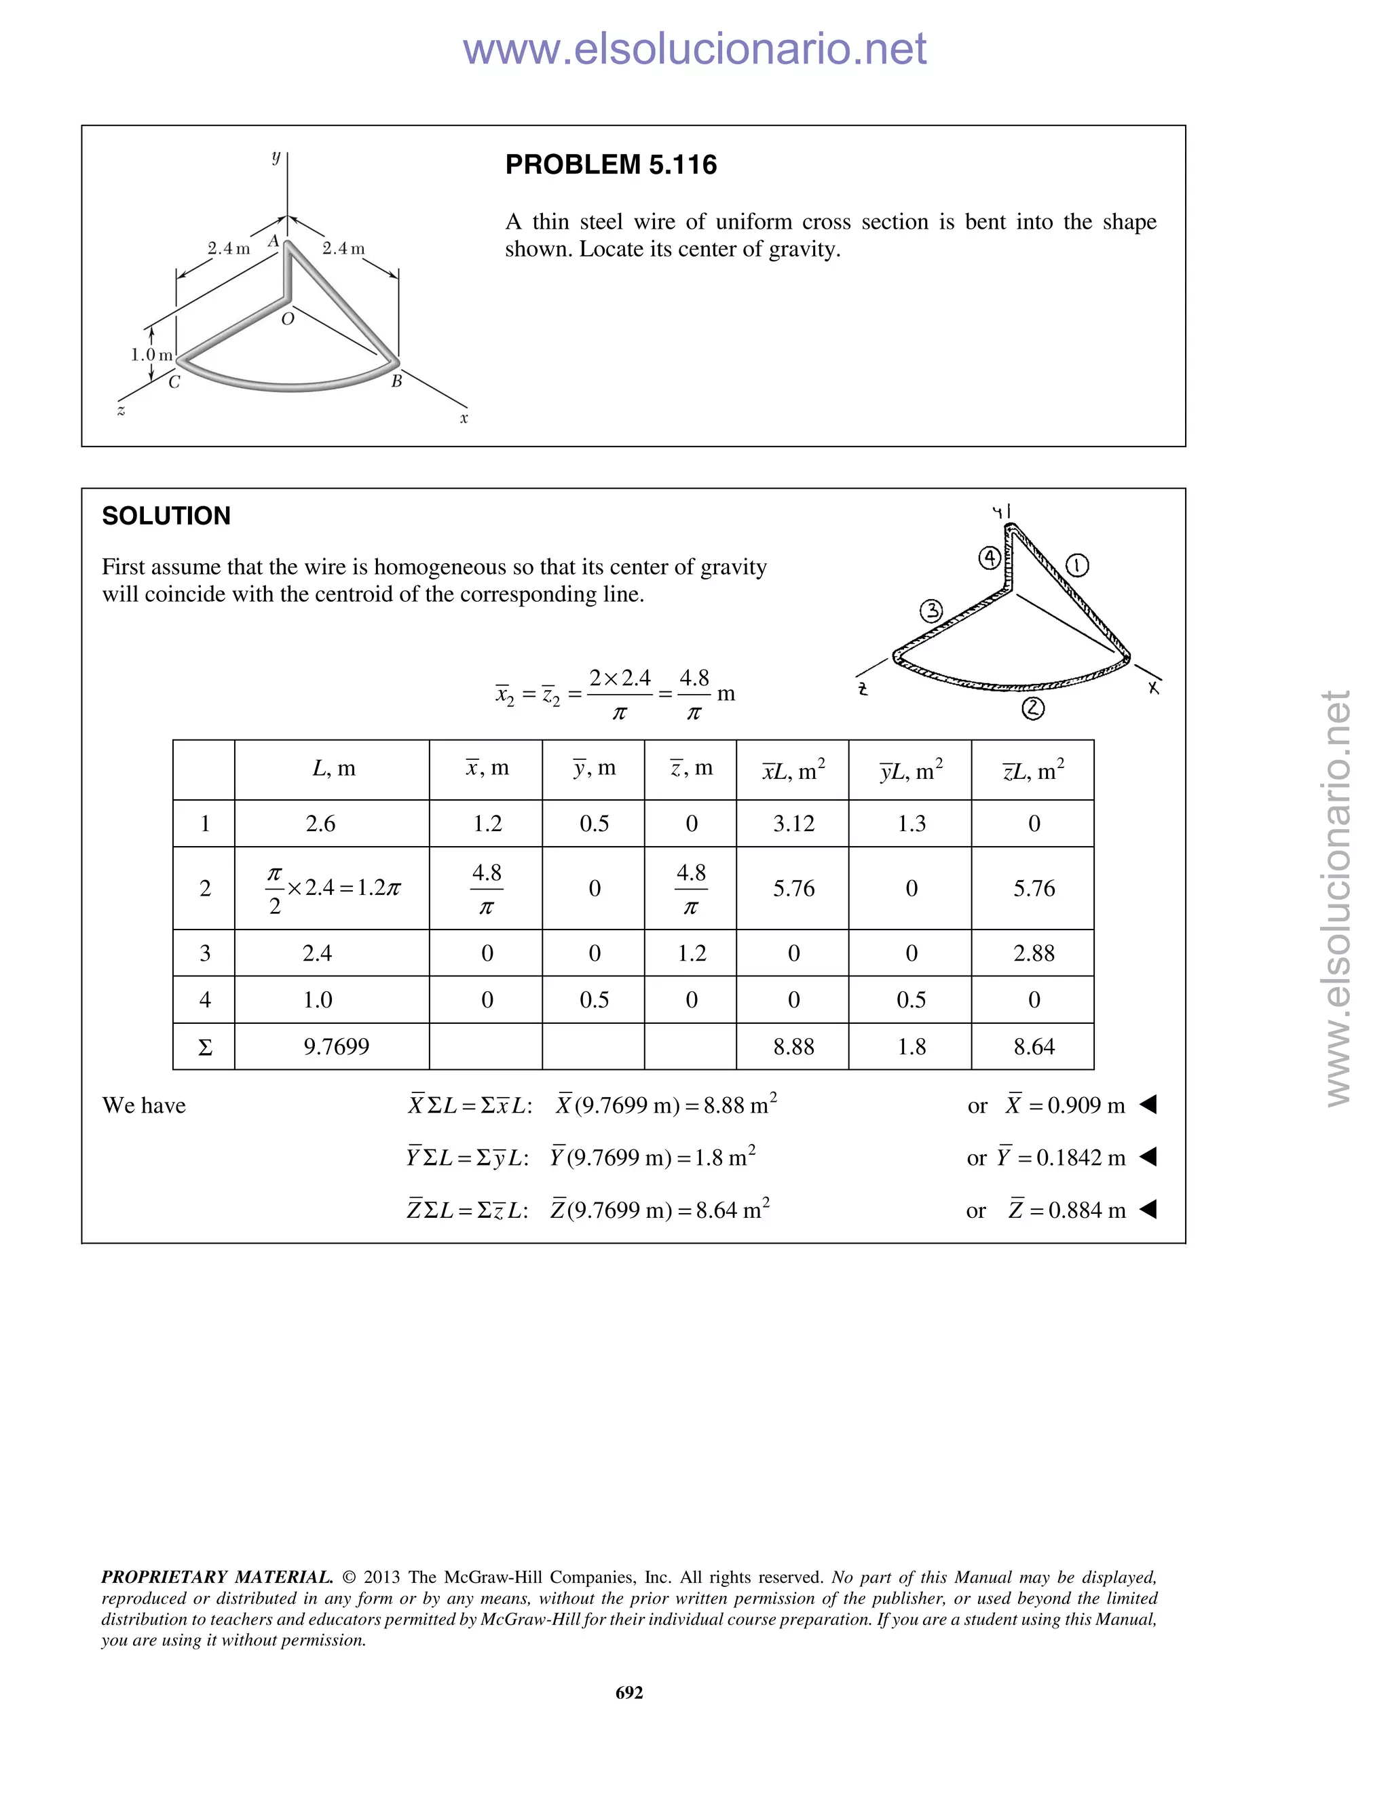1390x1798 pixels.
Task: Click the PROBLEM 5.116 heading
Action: coord(610,165)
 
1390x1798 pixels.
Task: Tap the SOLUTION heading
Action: coord(166,516)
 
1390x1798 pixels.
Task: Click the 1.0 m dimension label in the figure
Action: coord(151,355)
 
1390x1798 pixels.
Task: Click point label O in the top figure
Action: coord(287,320)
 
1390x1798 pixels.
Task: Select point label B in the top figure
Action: coord(396,381)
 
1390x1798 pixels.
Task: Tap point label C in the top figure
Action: coord(174,382)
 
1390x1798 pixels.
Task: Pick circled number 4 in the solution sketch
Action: coord(989,558)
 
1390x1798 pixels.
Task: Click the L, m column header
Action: coord(333,768)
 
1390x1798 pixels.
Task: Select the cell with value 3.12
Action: coord(793,823)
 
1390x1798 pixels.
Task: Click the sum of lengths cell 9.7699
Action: coord(336,1046)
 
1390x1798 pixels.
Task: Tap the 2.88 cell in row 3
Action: coord(1034,953)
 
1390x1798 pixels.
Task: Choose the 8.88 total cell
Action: coord(793,1046)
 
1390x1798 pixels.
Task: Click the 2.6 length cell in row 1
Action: coord(320,823)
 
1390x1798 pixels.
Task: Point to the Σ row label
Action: coord(205,1047)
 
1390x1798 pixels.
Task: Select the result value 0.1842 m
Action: coord(1081,1158)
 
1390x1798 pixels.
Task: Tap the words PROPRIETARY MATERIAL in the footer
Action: coord(217,1577)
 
